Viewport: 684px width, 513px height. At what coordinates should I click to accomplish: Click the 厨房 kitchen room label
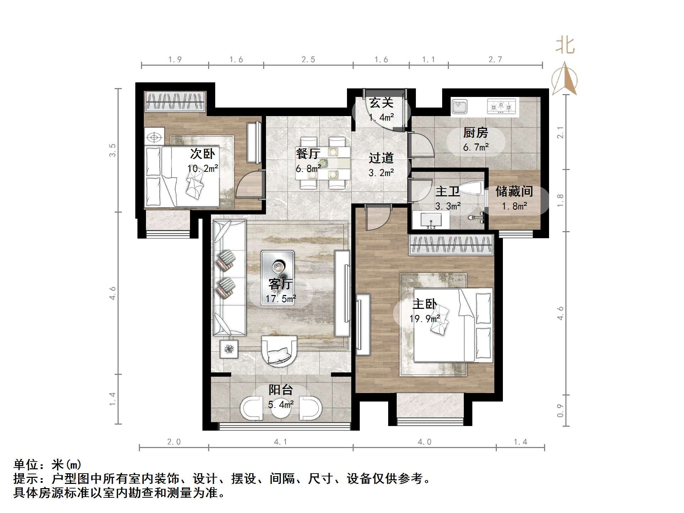coord(476,133)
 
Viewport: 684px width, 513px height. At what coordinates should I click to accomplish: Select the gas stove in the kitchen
coord(501,106)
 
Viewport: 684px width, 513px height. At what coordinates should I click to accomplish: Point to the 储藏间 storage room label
coord(514,192)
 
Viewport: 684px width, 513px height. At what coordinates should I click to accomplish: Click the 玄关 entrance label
coord(381,103)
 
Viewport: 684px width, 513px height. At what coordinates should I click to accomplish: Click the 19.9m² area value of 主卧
coord(424,319)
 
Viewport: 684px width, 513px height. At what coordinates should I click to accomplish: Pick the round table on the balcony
coord(281,408)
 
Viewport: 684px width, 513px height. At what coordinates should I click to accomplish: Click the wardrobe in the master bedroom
coord(451,245)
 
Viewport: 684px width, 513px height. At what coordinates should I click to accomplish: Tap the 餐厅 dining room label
coord(308,154)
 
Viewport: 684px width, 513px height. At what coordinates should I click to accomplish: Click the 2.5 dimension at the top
coord(308,60)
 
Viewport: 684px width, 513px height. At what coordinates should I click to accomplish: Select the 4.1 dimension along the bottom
coord(281,442)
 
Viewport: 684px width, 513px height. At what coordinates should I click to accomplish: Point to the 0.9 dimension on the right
coord(560,411)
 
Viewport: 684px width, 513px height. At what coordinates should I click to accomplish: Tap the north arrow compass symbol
coord(565,79)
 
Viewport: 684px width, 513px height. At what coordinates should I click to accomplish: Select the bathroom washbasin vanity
coord(431,220)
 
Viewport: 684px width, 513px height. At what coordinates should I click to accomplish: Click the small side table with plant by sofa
coord(229,349)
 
